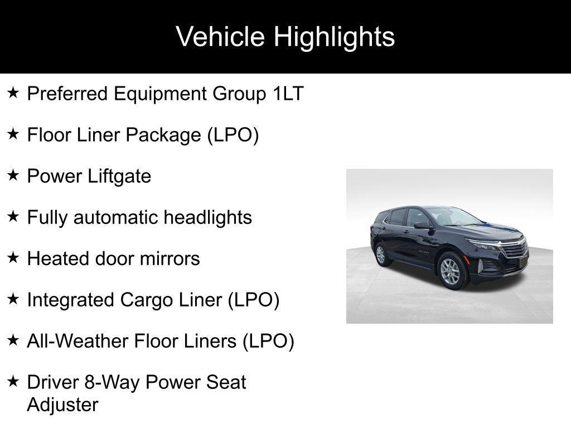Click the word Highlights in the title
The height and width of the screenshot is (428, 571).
(334, 37)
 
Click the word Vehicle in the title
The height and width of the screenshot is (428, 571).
(220, 37)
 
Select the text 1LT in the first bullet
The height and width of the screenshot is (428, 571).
(288, 94)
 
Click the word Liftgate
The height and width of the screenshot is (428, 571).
(120, 176)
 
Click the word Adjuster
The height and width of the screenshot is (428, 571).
(62, 405)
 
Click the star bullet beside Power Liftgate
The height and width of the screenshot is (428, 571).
(13, 176)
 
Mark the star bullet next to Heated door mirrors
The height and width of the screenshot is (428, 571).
(13, 258)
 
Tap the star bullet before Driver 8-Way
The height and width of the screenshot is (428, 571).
(13, 382)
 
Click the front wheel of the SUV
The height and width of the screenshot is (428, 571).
(450, 271)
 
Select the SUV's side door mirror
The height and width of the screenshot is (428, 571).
(422, 225)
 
